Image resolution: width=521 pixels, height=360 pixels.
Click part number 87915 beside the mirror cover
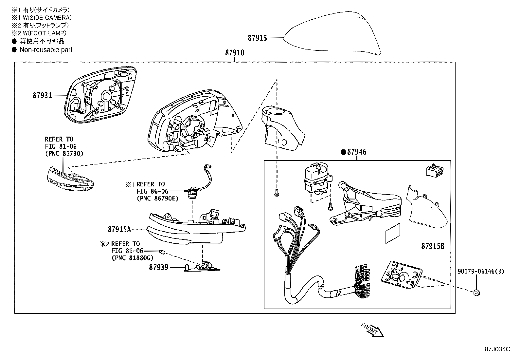click(x=257, y=38)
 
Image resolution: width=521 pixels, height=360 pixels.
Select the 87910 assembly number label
click(x=234, y=53)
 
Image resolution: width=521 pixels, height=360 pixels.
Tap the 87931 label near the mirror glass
click(x=42, y=96)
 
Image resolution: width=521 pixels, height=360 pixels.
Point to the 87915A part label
click(x=119, y=230)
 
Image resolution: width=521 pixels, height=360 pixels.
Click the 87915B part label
click(x=433, y=246)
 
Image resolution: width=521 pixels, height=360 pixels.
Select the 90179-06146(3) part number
click(x=480, y=271)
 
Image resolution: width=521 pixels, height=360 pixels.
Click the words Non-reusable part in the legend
click(x=46, y=50)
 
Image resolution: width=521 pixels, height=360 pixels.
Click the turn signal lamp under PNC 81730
click(x=69, y=180)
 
